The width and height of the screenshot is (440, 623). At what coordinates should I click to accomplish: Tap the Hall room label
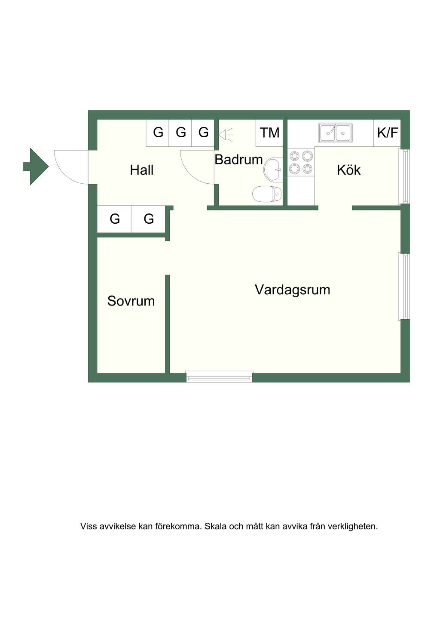pos(142,170)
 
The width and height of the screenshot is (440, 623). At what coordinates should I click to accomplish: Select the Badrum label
pos(238,160)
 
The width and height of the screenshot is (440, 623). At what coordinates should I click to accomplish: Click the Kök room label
pos(348,170)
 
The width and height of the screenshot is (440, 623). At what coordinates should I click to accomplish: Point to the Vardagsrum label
pos(293,290)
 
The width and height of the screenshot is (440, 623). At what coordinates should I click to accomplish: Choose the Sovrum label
pos(131,301)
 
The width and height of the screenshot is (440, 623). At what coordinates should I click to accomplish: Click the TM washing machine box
pos(269,133)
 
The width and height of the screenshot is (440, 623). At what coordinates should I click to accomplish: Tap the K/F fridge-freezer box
pos(387,133)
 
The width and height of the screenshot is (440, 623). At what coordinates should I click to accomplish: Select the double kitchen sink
pos(335,133)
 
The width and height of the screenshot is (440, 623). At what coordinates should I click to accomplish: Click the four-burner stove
pos(301,162)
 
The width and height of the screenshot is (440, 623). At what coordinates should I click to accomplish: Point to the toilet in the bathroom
pos(267,194)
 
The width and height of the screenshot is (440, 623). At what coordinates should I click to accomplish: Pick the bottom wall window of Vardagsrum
pos(219,377)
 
